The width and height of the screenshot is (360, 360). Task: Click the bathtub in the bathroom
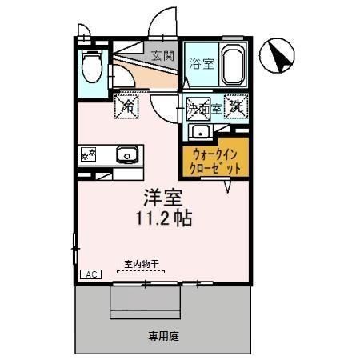point(232,64)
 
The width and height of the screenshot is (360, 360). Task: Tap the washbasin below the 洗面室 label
point(198,131)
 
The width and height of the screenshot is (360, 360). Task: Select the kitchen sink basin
point(126,154)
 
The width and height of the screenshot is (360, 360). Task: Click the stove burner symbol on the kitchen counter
point(88,154)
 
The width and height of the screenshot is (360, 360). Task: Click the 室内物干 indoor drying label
point(142,264)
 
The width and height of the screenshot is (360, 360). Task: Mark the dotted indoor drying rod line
point(141,273)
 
